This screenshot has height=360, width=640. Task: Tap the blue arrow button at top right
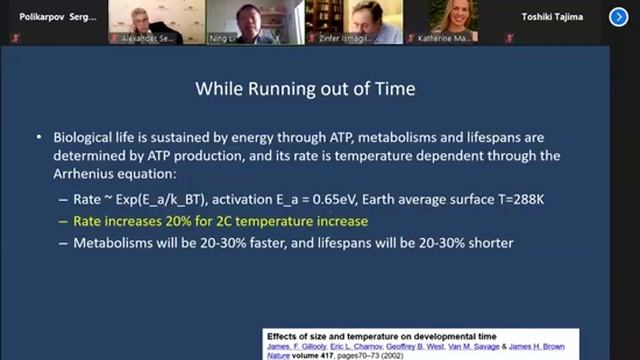[619, 16]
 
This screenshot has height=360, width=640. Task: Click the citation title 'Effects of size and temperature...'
[362, 334]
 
